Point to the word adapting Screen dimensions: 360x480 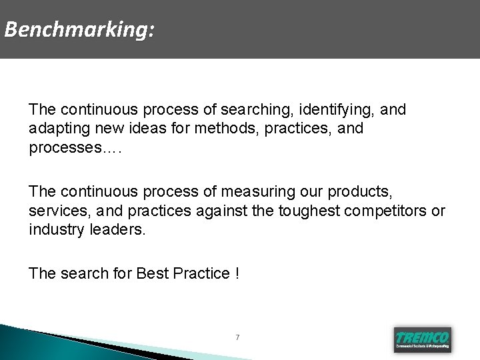[57, 128]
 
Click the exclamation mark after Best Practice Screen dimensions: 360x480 [237, 273]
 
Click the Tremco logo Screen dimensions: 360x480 [423, 339]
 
